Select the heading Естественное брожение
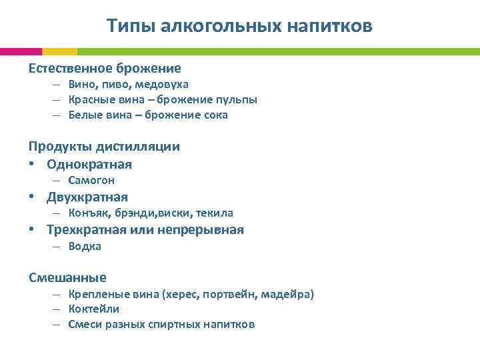[105, 68]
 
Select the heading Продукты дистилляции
[104, 147]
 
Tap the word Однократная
[89, 164]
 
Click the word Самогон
[91, 181]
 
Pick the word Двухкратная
[87, 197]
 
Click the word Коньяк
[87, 213]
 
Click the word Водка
[85, 247]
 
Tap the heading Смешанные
[67, 277]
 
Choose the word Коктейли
[94, 309]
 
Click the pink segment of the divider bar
[21, 51]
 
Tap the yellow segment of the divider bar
[59, 51]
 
